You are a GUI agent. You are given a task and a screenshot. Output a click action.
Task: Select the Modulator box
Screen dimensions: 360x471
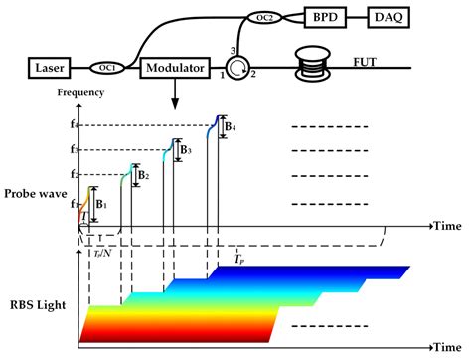(173, 69)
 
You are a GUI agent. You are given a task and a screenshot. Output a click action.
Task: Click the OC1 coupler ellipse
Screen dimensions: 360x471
(107, 69)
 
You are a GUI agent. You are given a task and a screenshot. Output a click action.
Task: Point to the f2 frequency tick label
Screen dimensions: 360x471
(74, 175)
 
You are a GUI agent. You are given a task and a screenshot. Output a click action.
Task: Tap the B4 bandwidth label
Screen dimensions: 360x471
(229, 128)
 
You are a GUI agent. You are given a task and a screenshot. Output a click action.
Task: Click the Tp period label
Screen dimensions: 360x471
(238, 258)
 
